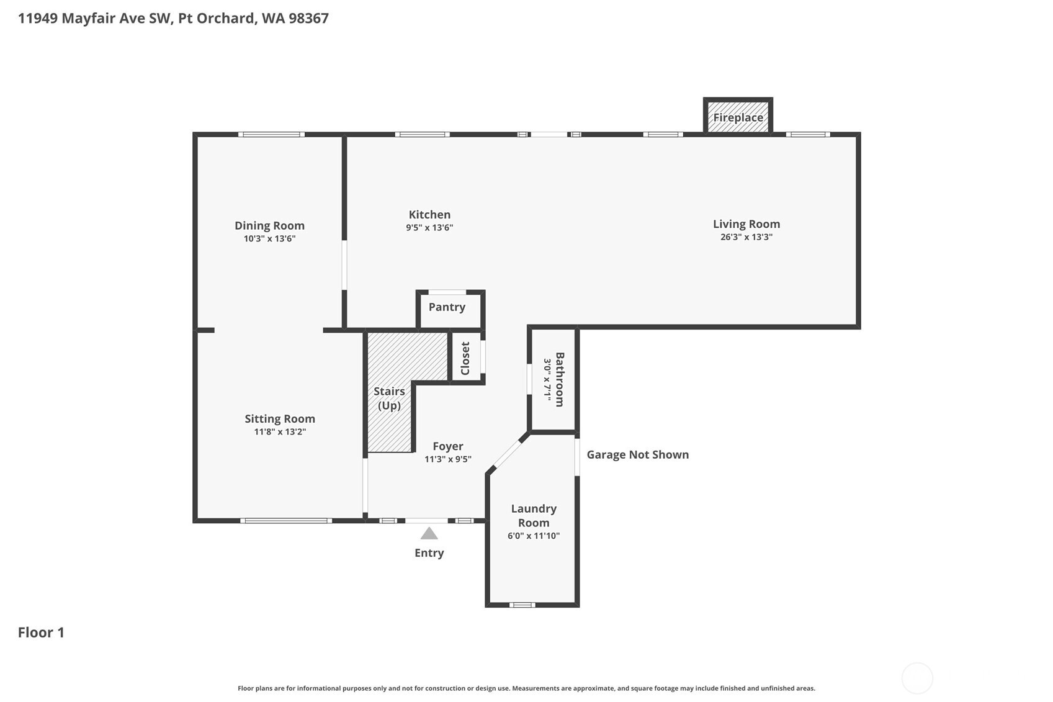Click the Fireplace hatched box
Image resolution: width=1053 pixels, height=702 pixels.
(738, 117)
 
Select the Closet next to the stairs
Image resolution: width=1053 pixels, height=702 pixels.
(465, 358)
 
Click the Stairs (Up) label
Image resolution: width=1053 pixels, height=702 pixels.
(389, 398)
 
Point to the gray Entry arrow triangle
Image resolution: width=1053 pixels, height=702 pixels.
(429, 534)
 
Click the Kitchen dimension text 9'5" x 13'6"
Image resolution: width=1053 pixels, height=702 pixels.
(429, 228)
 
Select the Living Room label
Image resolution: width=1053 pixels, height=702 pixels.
(746, 224)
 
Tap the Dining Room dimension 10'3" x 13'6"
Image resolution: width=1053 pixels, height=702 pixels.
(269, 239)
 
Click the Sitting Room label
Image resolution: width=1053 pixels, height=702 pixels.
(279, 419)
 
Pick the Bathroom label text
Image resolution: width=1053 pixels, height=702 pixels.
(559, 379)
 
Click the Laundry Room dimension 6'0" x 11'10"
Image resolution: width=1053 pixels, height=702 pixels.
(533, 536)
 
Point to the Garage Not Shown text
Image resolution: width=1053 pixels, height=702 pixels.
(637, 455)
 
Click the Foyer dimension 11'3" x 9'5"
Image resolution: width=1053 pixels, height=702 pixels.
(447, 459)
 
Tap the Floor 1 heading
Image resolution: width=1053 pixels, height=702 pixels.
(41, 632)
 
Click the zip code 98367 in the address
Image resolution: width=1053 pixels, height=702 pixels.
(308, 18)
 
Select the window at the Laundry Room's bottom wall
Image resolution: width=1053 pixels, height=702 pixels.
(522, 605)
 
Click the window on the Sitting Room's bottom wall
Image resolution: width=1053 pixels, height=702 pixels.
(285, 521)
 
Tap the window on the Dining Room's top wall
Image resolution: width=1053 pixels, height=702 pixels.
(271, 134)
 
